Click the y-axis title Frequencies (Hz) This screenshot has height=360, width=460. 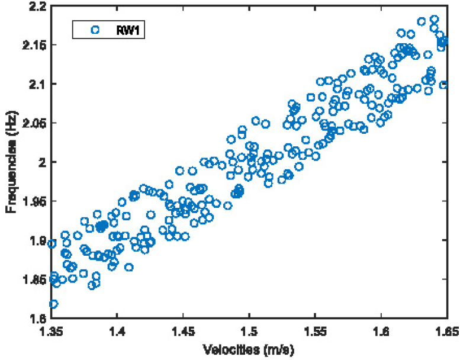point(11,162)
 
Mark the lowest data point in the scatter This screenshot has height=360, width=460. point(53,304)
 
